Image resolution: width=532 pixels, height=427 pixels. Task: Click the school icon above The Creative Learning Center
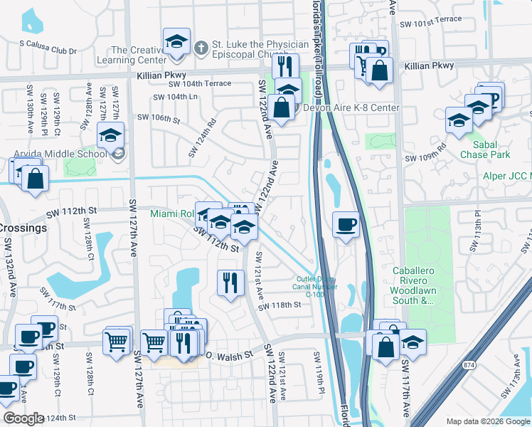click(x=176, y=43)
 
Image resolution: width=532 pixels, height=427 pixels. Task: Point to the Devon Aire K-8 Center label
click(x=351, y=108)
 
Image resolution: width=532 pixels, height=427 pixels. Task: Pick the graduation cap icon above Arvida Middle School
click(x=111, y=135)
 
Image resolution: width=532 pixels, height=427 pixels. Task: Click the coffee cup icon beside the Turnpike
click(x=346, y=225)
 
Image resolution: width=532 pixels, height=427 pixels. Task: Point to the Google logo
click(x=23, y=418)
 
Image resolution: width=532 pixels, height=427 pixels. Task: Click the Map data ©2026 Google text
click(x=487, y=421)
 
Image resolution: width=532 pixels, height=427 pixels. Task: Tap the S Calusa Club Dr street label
click(x=48, y=42)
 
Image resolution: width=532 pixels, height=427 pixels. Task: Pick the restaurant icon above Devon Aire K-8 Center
click(x=285, y=66)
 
